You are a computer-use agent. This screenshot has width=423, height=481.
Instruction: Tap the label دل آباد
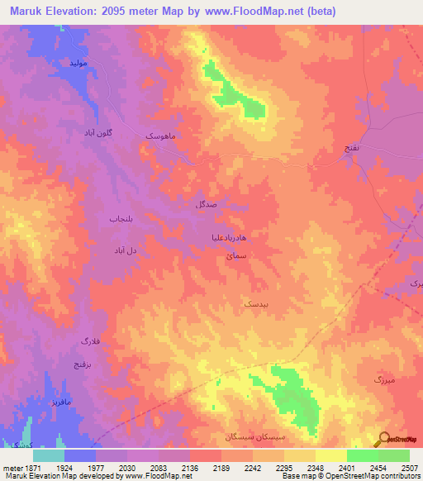pyautogui.click(x=123, y=248)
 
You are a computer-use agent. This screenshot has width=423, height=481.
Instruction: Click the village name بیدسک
pyautogui.click(x=254, y=304)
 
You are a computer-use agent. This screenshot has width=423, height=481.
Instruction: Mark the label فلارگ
pyautogui.click(x=89, y=341)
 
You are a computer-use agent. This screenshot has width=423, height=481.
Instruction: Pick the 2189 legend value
pyautogui.click(x=221, y=467)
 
